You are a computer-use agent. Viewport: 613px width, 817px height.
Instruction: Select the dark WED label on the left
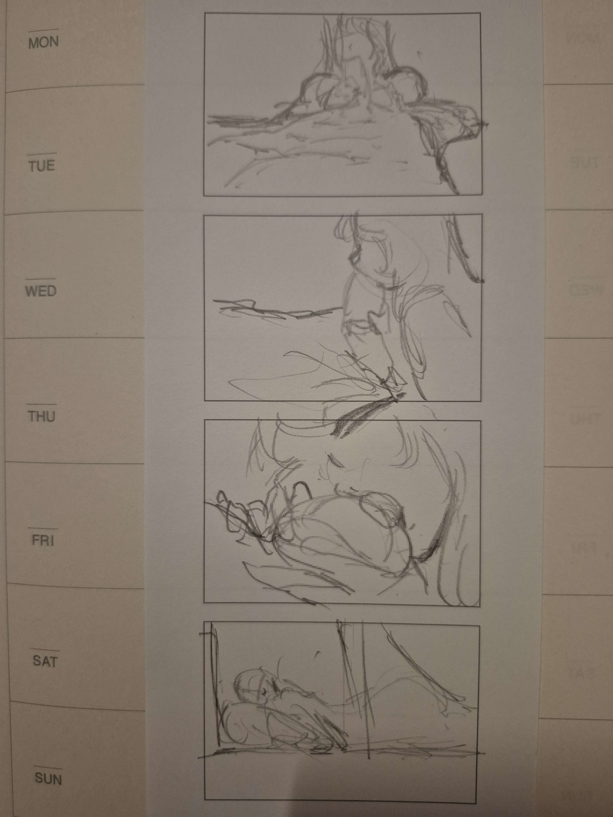41,291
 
